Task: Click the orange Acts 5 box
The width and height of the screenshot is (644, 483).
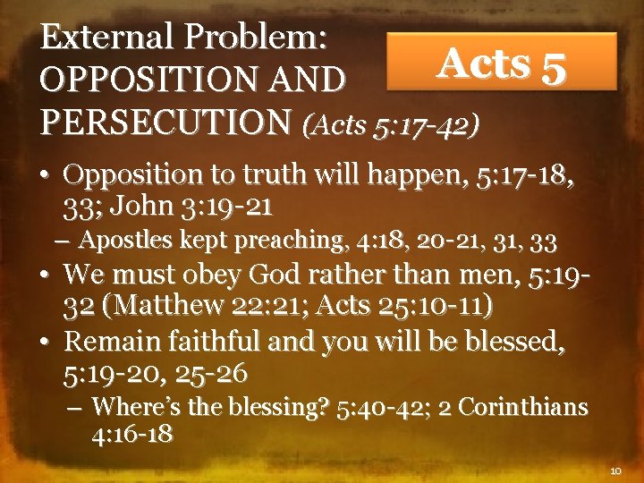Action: [x=501, y=62]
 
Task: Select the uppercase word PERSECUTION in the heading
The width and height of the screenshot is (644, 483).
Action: [x=165, y=119]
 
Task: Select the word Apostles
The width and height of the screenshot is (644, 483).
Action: [x=119, y=240]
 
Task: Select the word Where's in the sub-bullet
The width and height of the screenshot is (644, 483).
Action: [x=129, y=408]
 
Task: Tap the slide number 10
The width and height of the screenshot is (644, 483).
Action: [x=614, y=469]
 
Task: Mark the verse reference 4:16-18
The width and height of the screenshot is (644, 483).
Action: [x=132, y=434]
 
